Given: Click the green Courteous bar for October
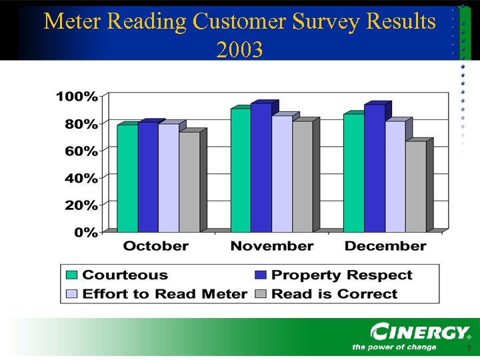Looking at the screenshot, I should [x=127, y=178].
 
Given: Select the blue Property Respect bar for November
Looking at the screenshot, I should [x=261, y=167].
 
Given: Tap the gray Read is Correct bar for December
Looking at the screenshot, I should [x=415, y=186].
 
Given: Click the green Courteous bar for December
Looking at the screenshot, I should [x=353, y=173].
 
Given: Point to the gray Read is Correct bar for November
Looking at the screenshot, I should [x=302, y=176].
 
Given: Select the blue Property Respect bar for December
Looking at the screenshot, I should [x=374, y=168].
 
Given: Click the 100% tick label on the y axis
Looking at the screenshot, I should [x=77, y=97].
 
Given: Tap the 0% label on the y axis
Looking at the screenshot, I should [x=86, y=233].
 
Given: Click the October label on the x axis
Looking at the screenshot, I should [x=155, y=246].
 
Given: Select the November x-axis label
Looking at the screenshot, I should [x=271, y=246].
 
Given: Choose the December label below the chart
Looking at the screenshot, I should [x=385, y=246].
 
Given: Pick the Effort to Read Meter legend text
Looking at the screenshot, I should [x=165, y=294].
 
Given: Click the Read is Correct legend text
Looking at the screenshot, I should [x=335, y=294].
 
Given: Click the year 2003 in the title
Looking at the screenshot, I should [x=239, y=49].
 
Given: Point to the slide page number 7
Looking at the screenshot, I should [x=469, y=349].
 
